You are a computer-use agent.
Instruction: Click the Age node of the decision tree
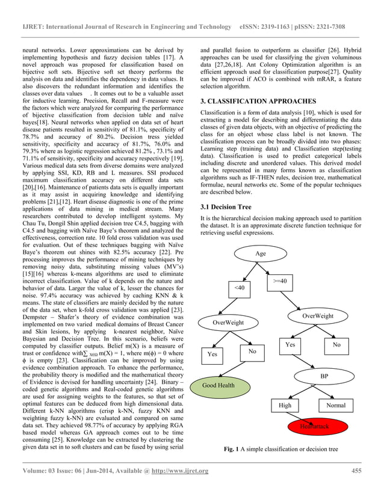click(x=260, y=253)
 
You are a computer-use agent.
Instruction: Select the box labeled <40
click(x=240, y=289)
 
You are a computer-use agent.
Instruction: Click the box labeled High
click(x=285, y=405)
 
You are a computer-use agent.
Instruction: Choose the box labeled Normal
click(x=335, y=405)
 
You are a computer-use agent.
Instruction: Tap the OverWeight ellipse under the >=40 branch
click(x=317, y=315)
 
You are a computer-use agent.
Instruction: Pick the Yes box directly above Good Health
click(x=212, y=354)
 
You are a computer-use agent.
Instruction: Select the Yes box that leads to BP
click(x=290, y=345)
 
